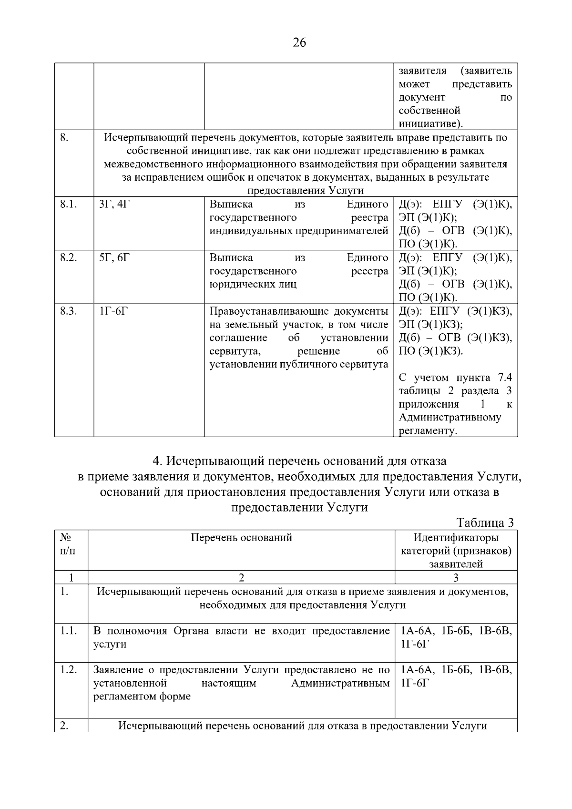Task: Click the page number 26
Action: pyautogui.click(x=299, y=43)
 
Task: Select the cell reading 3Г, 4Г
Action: pyautogui.click(x=114, y=205)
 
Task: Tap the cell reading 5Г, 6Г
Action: pyautogui.click(x=114, y=258)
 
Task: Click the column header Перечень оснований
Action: pyautogui.click(x=241, y=538)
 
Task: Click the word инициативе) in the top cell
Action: pyautogui.click(x=431, y=124)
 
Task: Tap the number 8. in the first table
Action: pyautogui.click(x=64, y=138)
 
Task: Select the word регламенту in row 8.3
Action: pyautogui.click(x=428, y=431)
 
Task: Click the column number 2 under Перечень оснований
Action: pyautogui.click(x=241, y=577)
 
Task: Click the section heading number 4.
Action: pyautogui.click(x=157, y=461)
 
